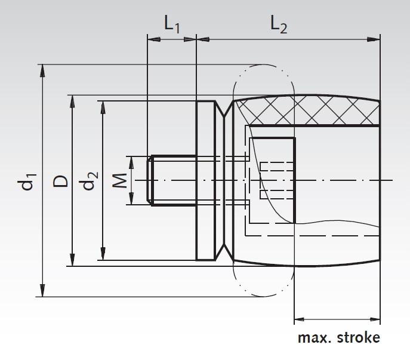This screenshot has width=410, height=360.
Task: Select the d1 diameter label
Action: point(28,180)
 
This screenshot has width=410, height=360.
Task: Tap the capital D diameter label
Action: point(61,180)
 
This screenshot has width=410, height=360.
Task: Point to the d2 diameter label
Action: point(90,180)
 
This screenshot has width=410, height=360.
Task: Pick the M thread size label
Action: point(120,180)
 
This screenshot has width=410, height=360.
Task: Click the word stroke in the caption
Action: point(357,337)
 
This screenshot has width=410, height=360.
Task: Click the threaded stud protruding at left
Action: point(173,180)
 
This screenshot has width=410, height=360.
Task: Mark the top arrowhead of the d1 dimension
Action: point(42,70)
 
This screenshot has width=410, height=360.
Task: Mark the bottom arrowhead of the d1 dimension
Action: point(42,290)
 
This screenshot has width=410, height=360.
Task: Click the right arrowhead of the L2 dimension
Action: point(374,40)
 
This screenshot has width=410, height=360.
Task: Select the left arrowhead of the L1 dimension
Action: point(153,40)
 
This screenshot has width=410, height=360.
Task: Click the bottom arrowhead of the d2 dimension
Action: point(103,255)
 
